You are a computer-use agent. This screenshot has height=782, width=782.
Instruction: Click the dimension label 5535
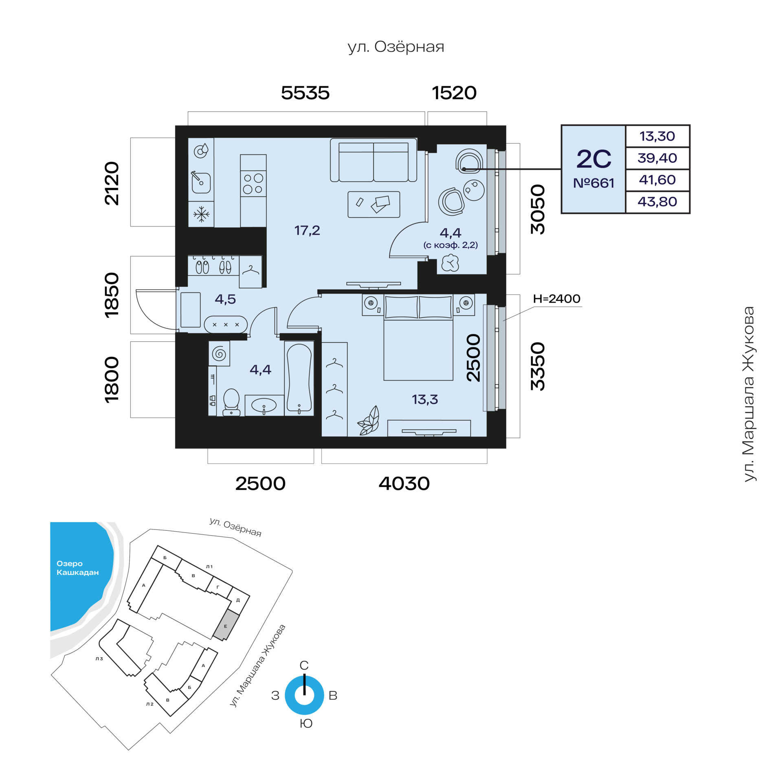click(305, 93)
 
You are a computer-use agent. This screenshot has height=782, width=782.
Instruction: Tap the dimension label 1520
click(454, 93)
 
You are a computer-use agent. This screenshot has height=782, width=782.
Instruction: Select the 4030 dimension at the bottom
click(404, 483)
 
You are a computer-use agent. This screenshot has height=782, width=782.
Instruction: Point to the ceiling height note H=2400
click(556, 299)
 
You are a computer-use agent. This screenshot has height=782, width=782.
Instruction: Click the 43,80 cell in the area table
click(657, 202)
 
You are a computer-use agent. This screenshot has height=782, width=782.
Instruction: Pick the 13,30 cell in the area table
click(657, 136)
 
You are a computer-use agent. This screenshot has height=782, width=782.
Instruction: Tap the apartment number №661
click(593, 183)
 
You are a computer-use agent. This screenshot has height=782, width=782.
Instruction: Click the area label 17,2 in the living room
click(307, 231)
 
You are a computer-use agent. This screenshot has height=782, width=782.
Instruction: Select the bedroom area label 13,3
click(425, 400)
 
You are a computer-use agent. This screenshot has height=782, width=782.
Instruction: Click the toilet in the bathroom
click(231, 402)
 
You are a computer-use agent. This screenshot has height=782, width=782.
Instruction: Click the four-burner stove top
click(253, 183)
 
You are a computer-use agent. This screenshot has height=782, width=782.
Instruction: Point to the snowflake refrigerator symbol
click(201, 214)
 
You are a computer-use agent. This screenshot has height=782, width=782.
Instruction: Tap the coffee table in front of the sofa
click(373, 204)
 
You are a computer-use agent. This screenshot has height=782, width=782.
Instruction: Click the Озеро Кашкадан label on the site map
click(77, 568)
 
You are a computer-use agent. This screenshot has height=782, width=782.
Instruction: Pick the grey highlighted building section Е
click(225, 626)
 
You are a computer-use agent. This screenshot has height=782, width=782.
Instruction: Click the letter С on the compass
click(304, 665)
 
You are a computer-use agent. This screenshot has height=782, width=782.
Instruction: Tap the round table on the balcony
click(474, 190)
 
